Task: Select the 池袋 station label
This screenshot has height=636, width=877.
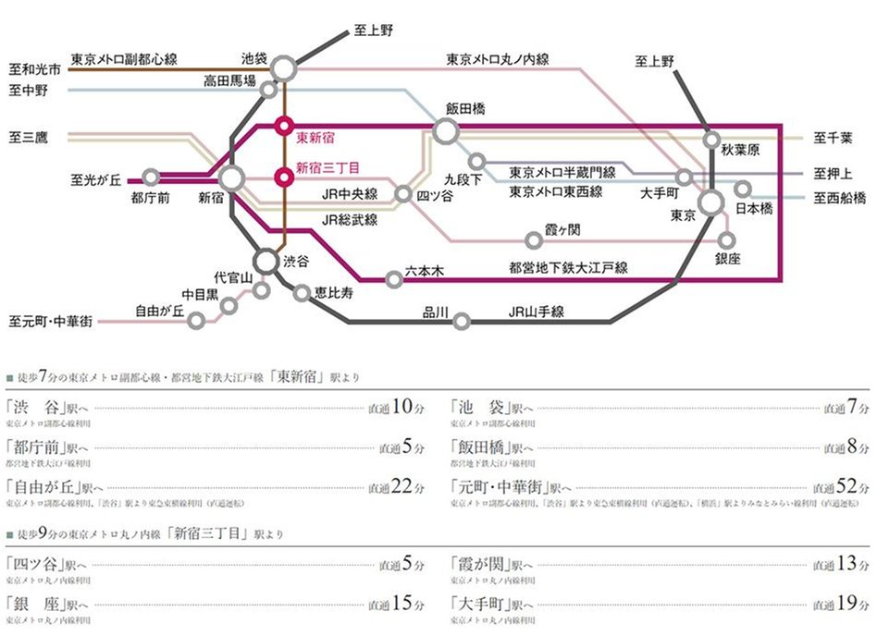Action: click(x=253, y=57)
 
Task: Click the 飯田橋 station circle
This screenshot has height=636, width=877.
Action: click(x=446, y=131)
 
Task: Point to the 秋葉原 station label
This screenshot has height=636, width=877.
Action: click(x=740, y=149)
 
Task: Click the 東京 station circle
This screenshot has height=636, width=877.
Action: click(x=711, y=202)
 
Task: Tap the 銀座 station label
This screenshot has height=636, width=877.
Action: click(x=729, y=260)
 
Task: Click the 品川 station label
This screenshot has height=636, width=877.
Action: click(x=435, y=312)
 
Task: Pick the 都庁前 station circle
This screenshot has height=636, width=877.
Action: click(x=151, y=177)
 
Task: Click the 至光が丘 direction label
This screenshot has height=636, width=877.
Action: click(x=96, y=179)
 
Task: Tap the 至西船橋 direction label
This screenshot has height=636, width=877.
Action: click(x=840, y=197)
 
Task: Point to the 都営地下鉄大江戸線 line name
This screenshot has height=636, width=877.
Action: click(x=568, y=267)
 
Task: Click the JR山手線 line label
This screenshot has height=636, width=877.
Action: click(x=536, y=312)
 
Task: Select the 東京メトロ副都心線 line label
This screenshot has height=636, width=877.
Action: click(x=123, y=58)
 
